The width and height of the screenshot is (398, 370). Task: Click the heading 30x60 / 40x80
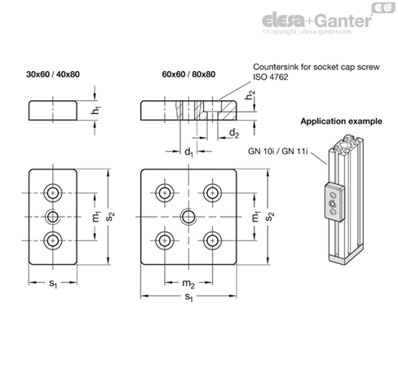(x=53, y=74)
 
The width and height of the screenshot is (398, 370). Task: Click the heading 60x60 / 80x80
(x=188, y=74)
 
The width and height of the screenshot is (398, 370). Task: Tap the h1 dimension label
(x=96, y=110)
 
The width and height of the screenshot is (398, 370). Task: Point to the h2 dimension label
(x=250, y=95)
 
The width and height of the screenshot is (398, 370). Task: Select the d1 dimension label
(x=188, y=152)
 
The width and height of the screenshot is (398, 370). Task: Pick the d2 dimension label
(x=234, y=134)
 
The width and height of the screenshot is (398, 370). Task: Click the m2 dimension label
(x=188, y=284)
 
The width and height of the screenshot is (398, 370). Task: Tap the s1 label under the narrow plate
(x=53, y=284)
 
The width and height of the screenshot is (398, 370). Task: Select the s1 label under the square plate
(x=188, y=297)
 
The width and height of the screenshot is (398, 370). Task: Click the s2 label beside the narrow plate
(x=110, y=217)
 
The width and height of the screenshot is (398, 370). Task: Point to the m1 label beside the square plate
(x=256, y=217)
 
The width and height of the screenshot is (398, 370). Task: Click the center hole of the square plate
(x=188, y=217)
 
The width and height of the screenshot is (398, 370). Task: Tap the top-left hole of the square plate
(x=165, y=193)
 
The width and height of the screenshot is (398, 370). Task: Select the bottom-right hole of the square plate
(x=212, y=240)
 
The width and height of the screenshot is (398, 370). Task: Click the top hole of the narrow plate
(x=53, y=193)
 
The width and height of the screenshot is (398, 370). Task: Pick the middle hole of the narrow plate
(x=53, y=217)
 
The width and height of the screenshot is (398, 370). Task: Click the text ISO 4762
(x=271, y=77)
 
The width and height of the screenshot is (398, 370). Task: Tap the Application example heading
(x=341, y=121)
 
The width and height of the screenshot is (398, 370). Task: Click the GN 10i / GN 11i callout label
(x=278, y=151)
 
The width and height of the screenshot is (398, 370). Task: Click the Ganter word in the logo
(x=344, y=20)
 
